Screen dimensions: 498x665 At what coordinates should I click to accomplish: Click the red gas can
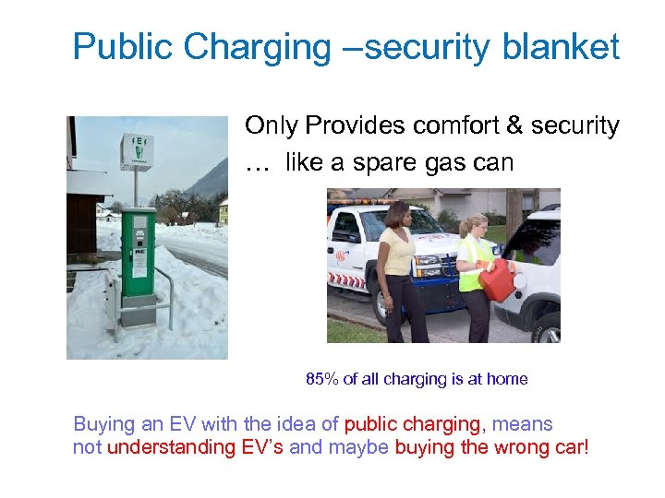(497, 279)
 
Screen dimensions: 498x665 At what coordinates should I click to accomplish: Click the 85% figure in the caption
(321, 379)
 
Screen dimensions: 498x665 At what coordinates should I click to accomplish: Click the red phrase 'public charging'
(413, 424)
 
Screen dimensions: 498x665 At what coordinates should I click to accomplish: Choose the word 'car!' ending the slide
(570, 447)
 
